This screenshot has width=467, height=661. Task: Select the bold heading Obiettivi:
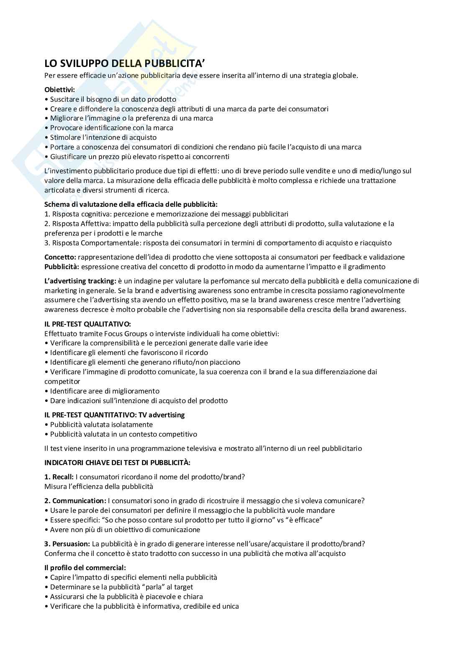60,90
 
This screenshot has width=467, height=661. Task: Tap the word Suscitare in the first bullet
64,99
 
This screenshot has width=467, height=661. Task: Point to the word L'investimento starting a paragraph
69,171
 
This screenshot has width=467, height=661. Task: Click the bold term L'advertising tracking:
80,281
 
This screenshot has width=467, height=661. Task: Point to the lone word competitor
62,381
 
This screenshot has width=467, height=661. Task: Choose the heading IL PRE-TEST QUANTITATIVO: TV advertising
115,415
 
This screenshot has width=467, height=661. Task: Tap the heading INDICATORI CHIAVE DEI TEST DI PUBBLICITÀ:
118,463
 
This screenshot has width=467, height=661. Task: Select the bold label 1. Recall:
59,477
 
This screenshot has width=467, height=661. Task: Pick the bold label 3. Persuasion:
67,544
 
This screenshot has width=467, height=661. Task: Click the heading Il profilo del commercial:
85,568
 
